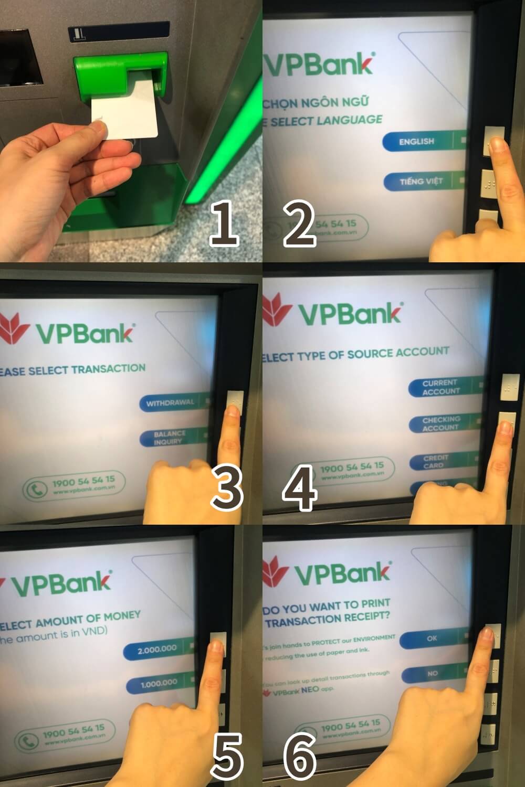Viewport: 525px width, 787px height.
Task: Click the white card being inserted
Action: click(x=126, y=110)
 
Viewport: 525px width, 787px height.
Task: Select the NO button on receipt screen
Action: click(x=433, y=673)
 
